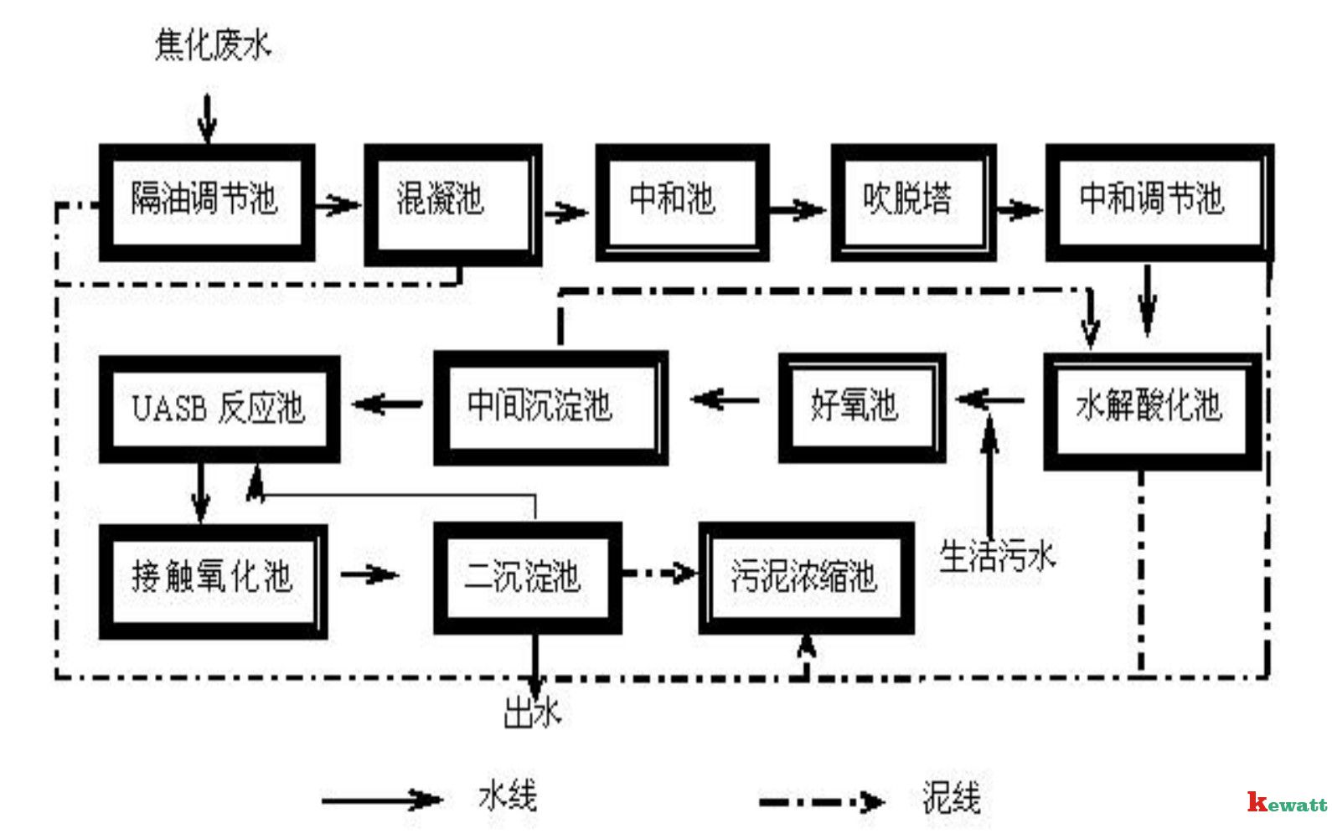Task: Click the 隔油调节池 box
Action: [x=206, y=202]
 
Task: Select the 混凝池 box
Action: [x=452, y=203]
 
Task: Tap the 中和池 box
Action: [x=681, y=202]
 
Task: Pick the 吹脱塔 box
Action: [x=912, y=202]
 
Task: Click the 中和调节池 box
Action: [x=1159, y=202]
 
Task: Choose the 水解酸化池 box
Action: [x=1152, y=409]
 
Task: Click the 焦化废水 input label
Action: [x=213, y=44]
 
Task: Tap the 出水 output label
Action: [x=531, y=714]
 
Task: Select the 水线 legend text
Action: [x=508, y=796]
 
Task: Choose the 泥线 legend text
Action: [x=951, y=798]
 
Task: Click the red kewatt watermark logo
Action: [x=1286, y=803]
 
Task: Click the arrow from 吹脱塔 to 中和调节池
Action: [x=1020, y=208]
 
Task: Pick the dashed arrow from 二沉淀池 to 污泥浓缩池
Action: [x=660, y=574]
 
